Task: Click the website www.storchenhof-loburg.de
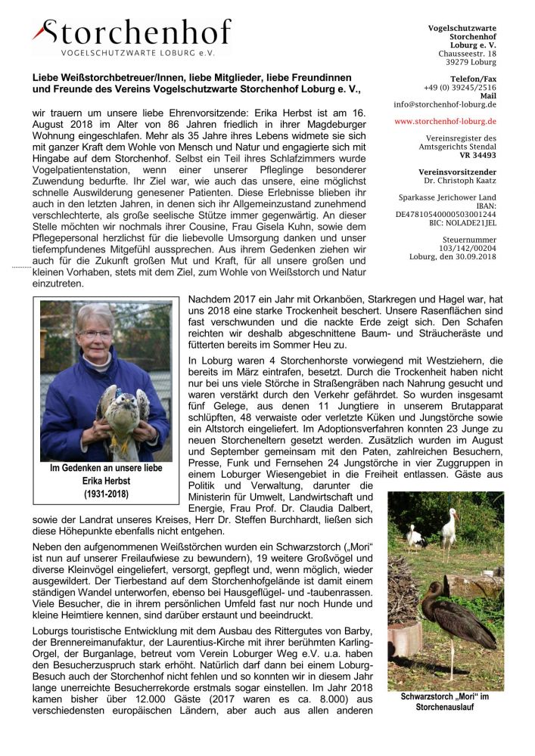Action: [445, 121]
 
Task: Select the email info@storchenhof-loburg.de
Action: [445, 104]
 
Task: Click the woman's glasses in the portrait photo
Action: [96, 333]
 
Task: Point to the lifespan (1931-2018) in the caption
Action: [106, 494]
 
